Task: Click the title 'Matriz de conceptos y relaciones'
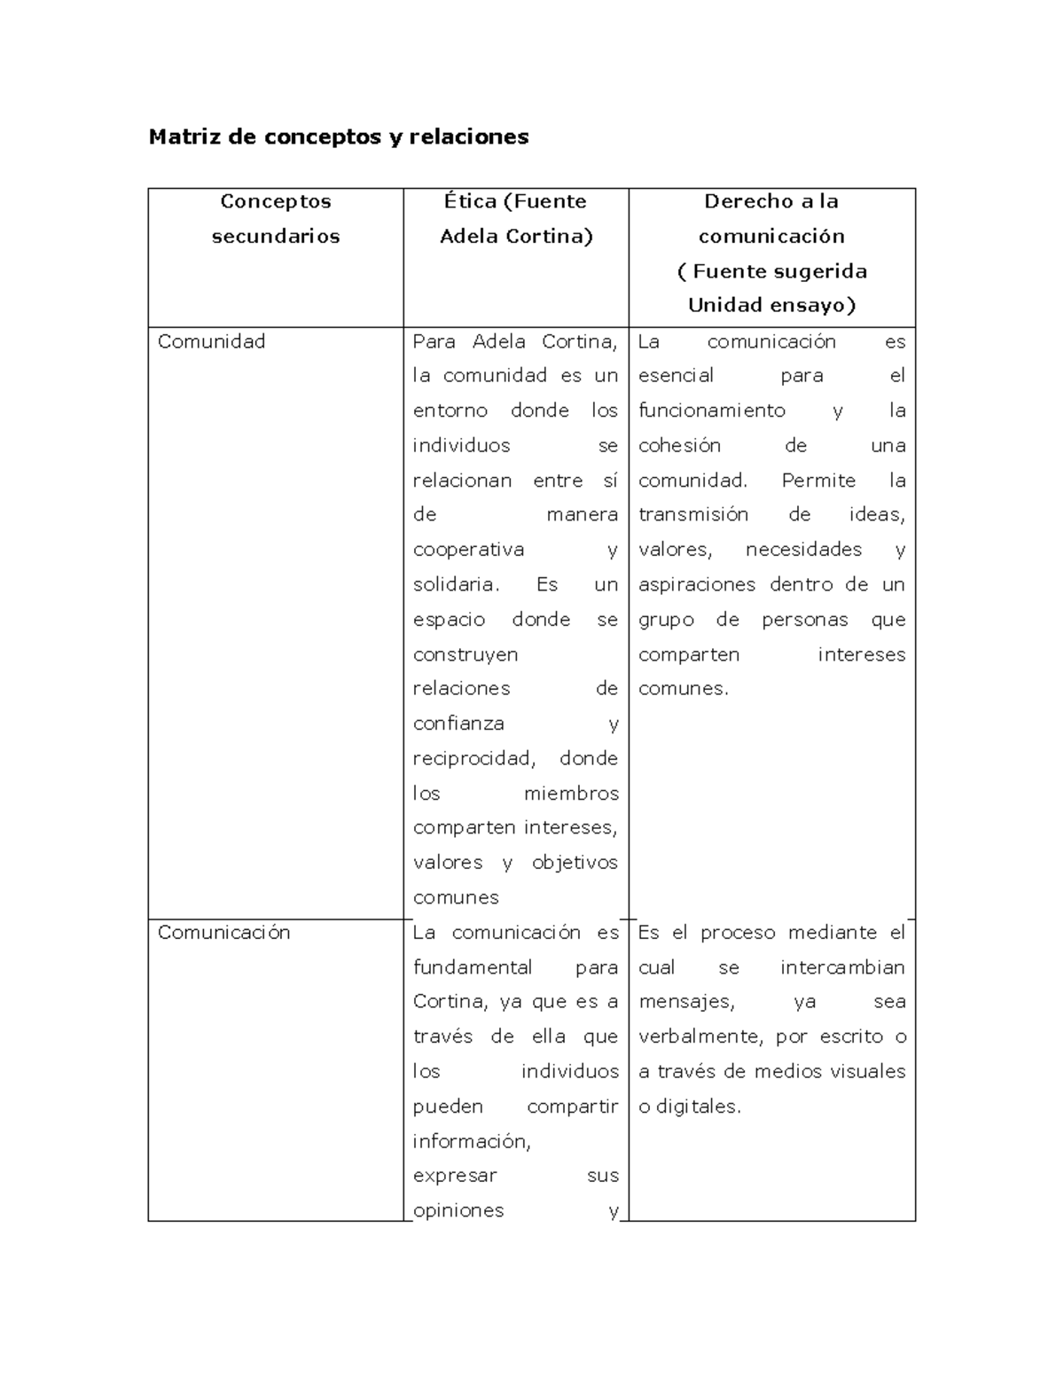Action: [x=338, y=137]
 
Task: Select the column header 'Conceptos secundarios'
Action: [x=276, y=218]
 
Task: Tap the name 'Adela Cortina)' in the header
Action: [x=516, y=236]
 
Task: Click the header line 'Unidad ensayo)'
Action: [x=771, y=305]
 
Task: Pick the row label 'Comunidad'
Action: [x=211, y=341]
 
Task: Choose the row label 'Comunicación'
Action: [x=223, y=932]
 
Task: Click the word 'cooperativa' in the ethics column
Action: [x=468, y=550]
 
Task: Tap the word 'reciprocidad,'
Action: [x=474, y=758]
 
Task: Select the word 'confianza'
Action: [x=458, y=724]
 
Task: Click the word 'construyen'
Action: [x=465, y=654]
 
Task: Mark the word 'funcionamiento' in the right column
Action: [x=711, y=411]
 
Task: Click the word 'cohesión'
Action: [x=679, y=445]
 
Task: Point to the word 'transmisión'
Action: [x=693, y=514]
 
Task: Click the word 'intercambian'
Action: [x=842, y=967]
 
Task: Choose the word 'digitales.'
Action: [x=698, y=1107]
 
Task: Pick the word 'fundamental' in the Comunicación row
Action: [x=473, y=967]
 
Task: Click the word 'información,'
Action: [x=472, y=1141]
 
